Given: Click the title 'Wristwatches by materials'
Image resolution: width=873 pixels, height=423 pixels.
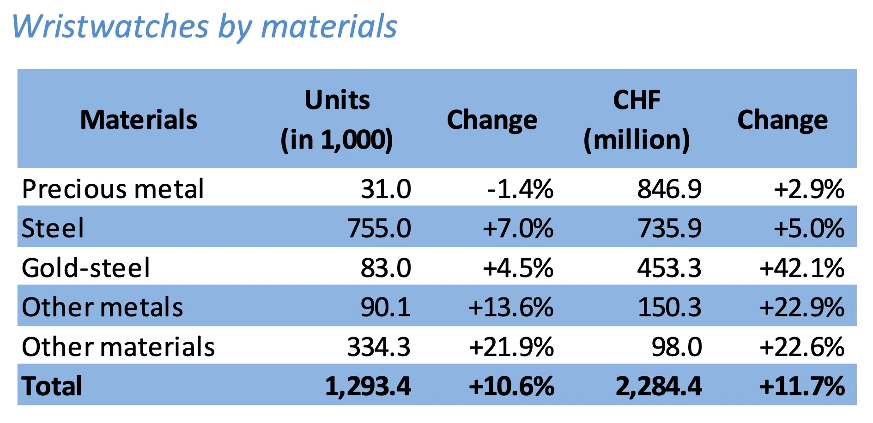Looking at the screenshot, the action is [204, 26].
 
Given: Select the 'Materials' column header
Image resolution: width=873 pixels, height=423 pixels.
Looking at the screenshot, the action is [139, 120].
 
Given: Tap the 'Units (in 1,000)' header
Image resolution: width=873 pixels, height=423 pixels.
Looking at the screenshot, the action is [337, 120].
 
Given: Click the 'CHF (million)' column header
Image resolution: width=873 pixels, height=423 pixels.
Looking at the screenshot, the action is [637, 120].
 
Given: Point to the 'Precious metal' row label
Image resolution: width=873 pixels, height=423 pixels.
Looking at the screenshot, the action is [113, 189].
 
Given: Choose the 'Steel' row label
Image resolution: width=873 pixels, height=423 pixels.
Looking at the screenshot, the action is [53, 228].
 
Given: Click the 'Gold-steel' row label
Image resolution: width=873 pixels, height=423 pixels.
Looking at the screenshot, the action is [86, 268].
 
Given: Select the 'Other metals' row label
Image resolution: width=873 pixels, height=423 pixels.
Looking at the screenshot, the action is [102, 307].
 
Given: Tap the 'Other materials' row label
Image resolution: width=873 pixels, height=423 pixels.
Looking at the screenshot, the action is [118, 347].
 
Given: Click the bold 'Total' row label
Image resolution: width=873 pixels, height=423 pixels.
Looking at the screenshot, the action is [52, 386].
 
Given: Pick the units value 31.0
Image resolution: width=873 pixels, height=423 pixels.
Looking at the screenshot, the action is [386, 189].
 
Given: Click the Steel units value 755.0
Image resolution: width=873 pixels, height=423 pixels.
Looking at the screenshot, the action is [379, 228].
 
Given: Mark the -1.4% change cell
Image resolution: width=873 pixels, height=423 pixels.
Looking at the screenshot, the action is [520, 189].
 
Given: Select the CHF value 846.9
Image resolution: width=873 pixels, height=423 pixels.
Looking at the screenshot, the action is [669, 189].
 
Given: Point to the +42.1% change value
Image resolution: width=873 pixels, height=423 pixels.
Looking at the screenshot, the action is [802, 268].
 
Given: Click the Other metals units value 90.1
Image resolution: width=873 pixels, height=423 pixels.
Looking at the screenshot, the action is [386, 307].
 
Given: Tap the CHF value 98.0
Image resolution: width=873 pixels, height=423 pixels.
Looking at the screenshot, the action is [677, 347].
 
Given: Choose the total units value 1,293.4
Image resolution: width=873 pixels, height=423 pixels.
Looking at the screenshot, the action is [368, 387].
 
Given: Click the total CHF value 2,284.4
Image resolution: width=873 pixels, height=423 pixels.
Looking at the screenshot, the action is [659, 387].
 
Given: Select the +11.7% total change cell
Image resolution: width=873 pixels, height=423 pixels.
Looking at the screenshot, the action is [802, 387].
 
